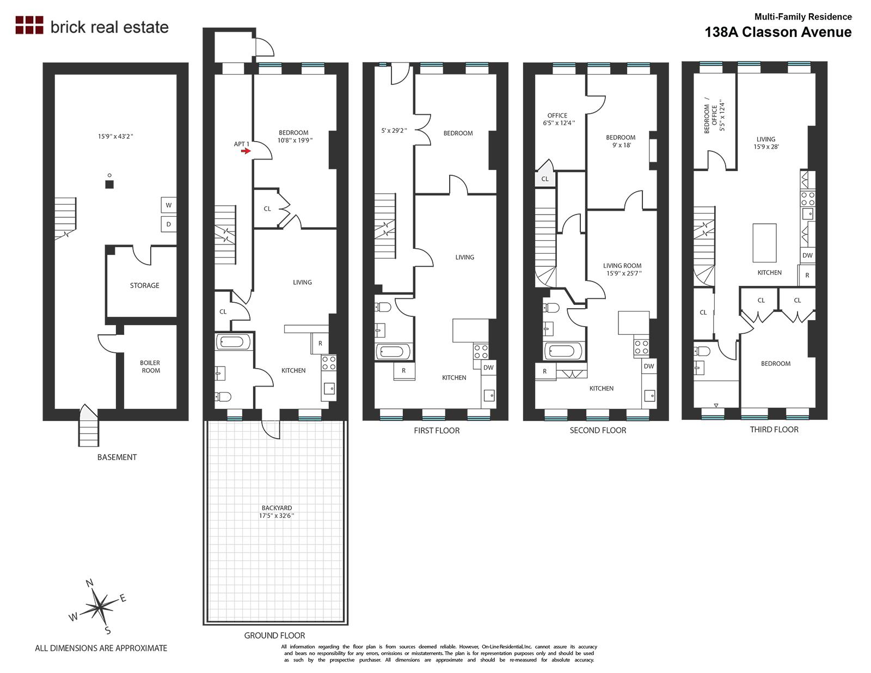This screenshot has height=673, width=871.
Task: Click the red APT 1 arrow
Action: (246, 151)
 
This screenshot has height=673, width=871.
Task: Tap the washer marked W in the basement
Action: (168, 205)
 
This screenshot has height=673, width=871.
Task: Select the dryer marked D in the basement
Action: (168, 224)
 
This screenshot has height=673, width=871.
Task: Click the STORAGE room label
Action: (144, 285)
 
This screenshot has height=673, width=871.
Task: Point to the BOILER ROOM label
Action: (150, 366)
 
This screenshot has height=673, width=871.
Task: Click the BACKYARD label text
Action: (277, 508)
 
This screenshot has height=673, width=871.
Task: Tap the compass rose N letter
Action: (90, 583)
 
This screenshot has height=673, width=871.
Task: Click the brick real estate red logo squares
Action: (29, 25)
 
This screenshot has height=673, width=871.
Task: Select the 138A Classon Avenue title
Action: (778, 32)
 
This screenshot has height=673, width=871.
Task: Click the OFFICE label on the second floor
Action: (557, 115)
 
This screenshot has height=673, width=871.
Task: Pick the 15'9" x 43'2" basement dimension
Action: (115, 136)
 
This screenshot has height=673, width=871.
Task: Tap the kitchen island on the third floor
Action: (764, 243)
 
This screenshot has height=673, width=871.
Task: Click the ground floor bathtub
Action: (233, 342)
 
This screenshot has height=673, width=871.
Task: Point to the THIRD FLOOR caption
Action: (774, 429)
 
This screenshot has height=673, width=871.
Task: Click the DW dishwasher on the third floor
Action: (807, 255)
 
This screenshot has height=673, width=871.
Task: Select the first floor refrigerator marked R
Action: (404, 371)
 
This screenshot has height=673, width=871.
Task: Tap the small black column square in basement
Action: (109, 185)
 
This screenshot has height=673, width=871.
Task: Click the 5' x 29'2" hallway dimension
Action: (394, 130)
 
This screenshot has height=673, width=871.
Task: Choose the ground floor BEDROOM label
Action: (294, 133)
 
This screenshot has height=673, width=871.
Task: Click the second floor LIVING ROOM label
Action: (622, 266)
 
